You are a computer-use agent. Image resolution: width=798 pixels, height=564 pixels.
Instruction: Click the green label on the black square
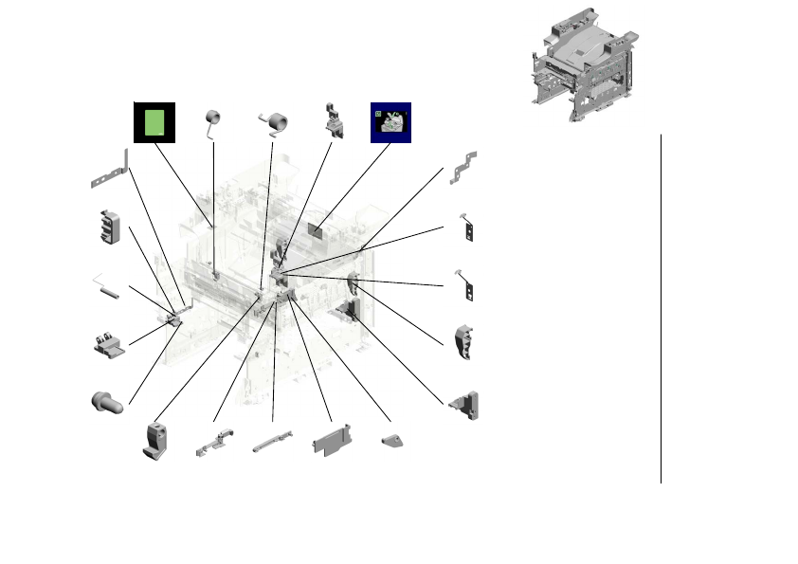[x=154, y=122]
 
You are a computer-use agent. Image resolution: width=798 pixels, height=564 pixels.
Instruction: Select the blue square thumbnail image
[x=390, y=122]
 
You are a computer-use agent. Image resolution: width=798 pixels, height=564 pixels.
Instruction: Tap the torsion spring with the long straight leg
[x=214, y=122]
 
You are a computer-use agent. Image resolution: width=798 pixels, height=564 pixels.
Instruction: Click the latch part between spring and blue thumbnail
[x=334, y=120]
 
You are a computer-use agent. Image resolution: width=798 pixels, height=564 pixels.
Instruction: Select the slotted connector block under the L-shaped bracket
[x=110, y=227]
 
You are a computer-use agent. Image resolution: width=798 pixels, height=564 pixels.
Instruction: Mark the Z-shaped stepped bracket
[x=464, y=166]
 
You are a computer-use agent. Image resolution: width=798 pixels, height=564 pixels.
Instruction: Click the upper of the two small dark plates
[x=466, y=227]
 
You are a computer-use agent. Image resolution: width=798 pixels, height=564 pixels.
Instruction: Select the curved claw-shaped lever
[x=466, y=343]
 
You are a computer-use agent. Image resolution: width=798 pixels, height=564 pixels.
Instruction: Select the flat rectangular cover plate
[x=332, y=442]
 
